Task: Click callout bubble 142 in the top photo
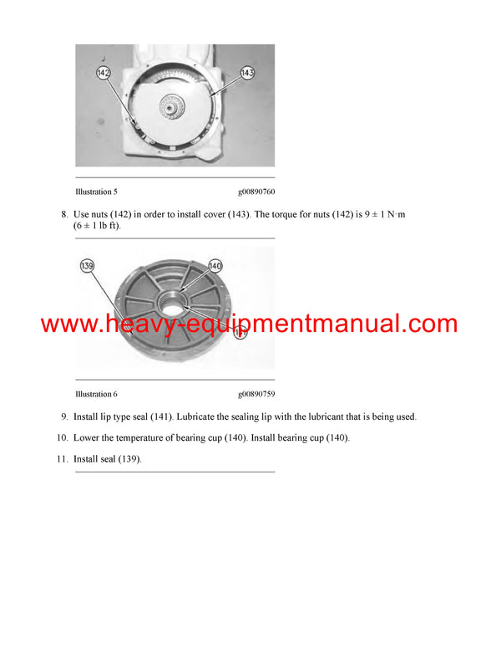(104, 74)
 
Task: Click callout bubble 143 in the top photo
(246, 73)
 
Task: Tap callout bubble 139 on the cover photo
(88, 266)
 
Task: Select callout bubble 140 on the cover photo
(215, 265)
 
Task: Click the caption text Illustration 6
(96, 394)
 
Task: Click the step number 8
(63, 215)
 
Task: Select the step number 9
(63, 416)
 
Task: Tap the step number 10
(62, 438)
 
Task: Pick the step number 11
(62, 459)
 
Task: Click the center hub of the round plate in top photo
(175, 108)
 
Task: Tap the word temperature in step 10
(149, 438)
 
